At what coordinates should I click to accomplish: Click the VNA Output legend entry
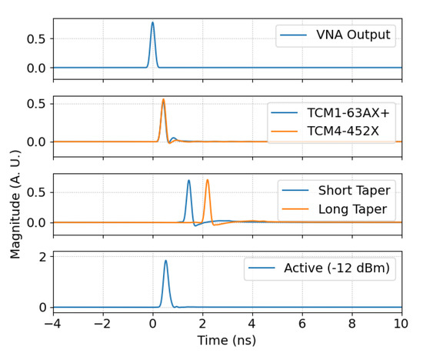[x=337, y=35]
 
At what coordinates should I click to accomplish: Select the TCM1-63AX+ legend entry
[x=331, y=113]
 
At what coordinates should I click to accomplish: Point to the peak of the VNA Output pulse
[x=152, y=22]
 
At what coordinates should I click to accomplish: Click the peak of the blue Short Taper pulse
[x=188, y=180]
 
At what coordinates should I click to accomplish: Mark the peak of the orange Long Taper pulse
[x=207, y=180]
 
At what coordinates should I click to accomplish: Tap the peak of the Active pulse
[x=165, y=260]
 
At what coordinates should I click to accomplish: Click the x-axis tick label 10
[x=401, y=322]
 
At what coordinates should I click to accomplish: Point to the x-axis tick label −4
[x=53, y=322]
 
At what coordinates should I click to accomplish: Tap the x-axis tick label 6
[x=302, y=322]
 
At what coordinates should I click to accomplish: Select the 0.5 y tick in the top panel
[x=35, y=38]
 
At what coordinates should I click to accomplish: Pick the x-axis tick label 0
[x=153, y=322]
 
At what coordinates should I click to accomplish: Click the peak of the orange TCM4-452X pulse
[x=163, y=99]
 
